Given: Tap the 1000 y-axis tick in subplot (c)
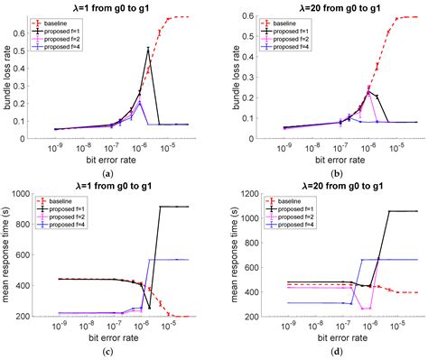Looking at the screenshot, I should pyautogui.click(x=33, y=192).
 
